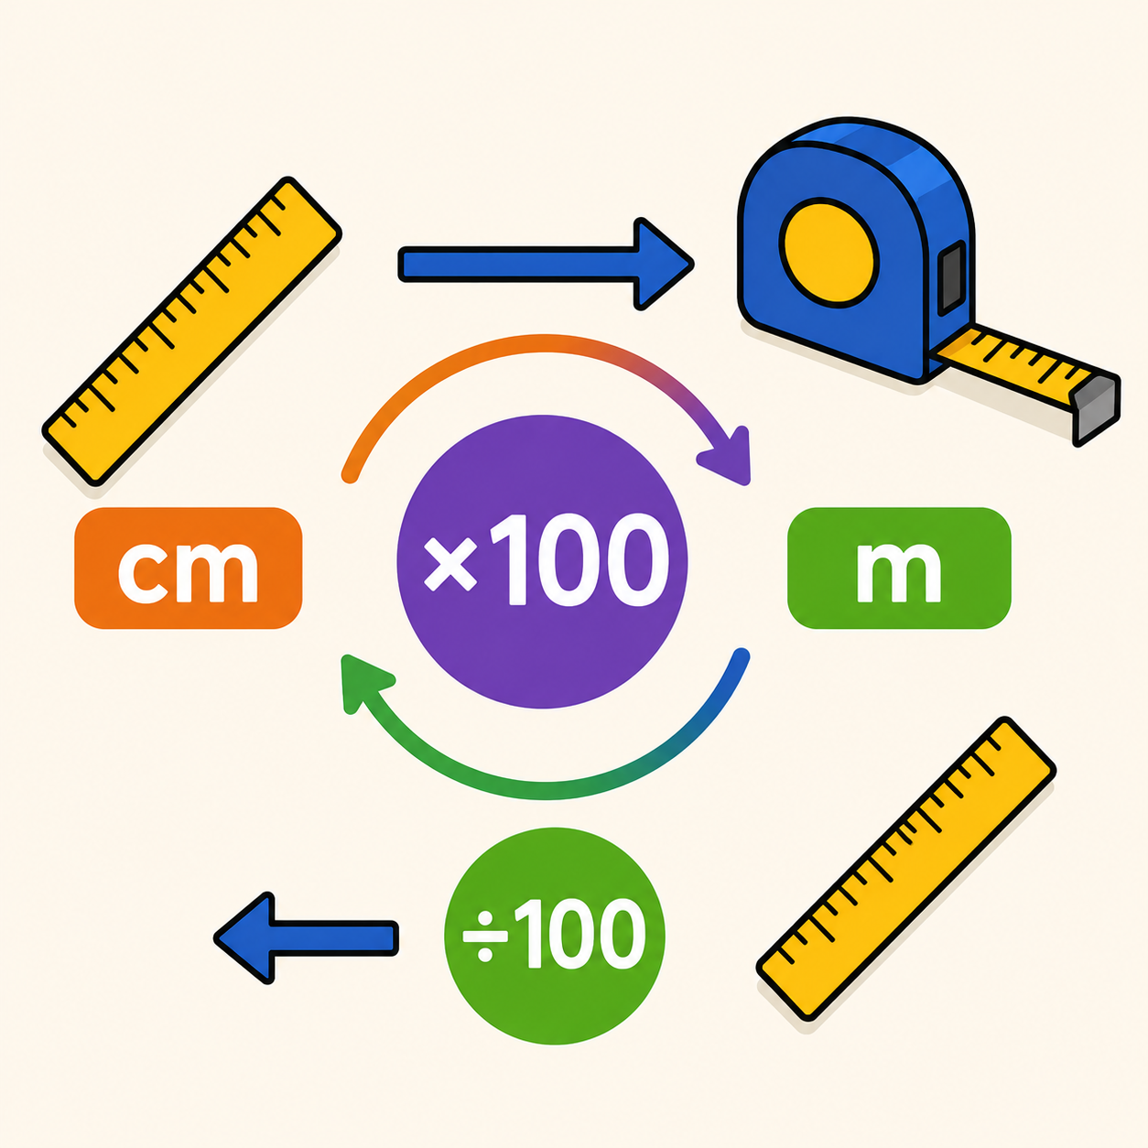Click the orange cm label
tap(189, 568)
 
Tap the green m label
tap(899, 568)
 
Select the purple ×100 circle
tap(542, 561)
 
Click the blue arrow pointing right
tap(546, 264)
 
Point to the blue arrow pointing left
tap(306, 937)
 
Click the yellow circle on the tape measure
tap(829, 253)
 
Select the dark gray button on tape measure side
tap(952, 277)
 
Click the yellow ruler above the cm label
tap(192, 331)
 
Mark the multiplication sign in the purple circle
tap(449, 564)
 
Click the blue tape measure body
tap(852, 250)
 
